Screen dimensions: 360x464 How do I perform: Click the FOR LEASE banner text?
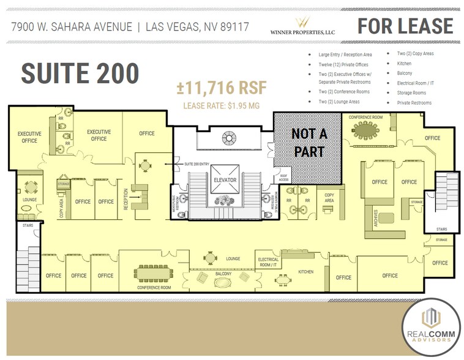(x=405, y=26)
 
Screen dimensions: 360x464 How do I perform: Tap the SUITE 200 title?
(x=80, y=73)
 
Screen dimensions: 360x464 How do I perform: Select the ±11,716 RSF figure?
(x=222, y=88)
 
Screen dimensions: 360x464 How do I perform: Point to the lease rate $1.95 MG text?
(x=222, y=106)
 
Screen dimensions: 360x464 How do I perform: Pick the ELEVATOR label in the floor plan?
(x=225, y=180)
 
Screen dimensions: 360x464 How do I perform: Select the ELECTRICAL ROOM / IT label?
(x=268, y=261)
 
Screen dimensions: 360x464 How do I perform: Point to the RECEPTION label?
(x=126, y=199)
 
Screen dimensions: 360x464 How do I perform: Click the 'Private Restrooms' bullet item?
(x=414, y=102)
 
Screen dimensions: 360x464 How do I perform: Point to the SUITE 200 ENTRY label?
(x=196, y=164)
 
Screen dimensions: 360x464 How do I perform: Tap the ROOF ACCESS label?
(x=283, y=178)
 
